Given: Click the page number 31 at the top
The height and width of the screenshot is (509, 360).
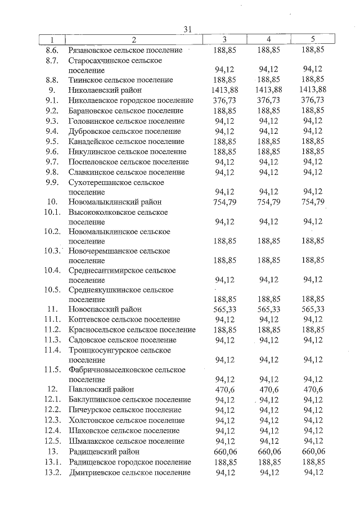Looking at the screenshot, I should pyautogui.click(x=188, y=29).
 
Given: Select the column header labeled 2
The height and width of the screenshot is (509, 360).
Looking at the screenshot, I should pyautogui.click(x=134, y=40).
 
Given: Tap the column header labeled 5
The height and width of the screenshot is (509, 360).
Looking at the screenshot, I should pyautogui.click(x=313, y=40).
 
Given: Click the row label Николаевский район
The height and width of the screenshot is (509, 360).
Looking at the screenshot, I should pyautogui.click(x=104, y=90).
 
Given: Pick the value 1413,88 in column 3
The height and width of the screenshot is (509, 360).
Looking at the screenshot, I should pyautogui.click(x=224, y=90).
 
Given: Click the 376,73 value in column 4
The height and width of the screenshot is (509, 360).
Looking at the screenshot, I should pyautogui.click(x=268, y=100).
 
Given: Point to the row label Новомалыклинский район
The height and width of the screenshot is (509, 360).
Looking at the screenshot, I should pyautogui.click(x=114, y=202).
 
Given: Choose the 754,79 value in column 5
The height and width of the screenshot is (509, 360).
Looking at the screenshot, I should pyautogui.click(x=313, y=202).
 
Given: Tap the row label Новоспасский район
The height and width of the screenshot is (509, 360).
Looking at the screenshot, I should pyautogui.click(x=105, y=309).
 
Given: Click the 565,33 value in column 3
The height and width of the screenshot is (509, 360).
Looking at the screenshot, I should pyautogui.click(x=224, y=309).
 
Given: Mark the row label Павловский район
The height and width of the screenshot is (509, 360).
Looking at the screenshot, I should pyautogui.click(x=102, y=389).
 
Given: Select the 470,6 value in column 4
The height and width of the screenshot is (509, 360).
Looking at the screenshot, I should pyautogui.click(x=268, y=389).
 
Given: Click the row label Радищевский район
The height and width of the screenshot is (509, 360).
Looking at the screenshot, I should pyautogui.click(x=104, y=452).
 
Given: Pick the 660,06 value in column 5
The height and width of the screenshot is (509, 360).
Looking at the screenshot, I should pyautogui.click(x=313, y=452).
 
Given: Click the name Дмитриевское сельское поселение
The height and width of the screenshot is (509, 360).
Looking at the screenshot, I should pyautogui.click(x=129, y=472).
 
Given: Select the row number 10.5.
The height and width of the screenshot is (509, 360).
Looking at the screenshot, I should pyautogui.click(x=52, y=290).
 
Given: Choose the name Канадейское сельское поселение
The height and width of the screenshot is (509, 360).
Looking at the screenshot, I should pyautogui.click(x=126, y=141).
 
